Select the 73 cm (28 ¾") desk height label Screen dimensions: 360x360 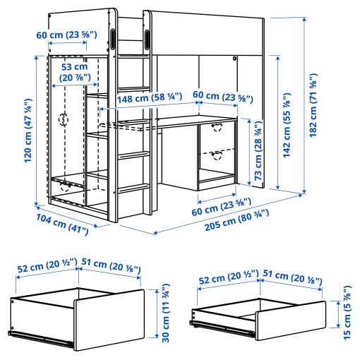(x=258, y=149)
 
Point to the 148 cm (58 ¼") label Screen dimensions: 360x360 (x=140, y=97)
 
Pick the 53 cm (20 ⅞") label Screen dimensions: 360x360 (x=70, y=72)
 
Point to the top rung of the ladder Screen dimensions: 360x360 (x=133, y=54)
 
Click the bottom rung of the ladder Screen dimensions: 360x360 (x=132, y=188)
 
